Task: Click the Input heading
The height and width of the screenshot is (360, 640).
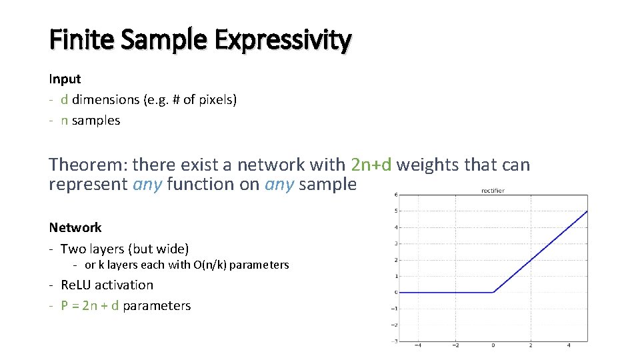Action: tap(65, 79)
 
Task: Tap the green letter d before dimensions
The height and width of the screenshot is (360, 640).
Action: tap(64, 99)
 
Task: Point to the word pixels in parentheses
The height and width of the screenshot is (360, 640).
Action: tap(213, 100)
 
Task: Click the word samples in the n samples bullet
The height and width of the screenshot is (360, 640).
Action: tap(96, 121)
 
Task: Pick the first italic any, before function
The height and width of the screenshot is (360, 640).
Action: tap(147, 184)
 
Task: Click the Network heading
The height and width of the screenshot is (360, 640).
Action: tap(75, 227)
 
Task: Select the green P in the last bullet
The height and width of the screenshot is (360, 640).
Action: tap(65, 305)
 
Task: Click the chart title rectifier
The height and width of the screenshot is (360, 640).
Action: tap(493, 191)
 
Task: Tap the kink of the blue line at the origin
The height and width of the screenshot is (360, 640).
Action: tap(493, 292)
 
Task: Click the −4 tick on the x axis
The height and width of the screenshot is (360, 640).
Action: tap(418, 346)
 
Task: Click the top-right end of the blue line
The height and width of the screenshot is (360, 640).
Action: tap(587, 211)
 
